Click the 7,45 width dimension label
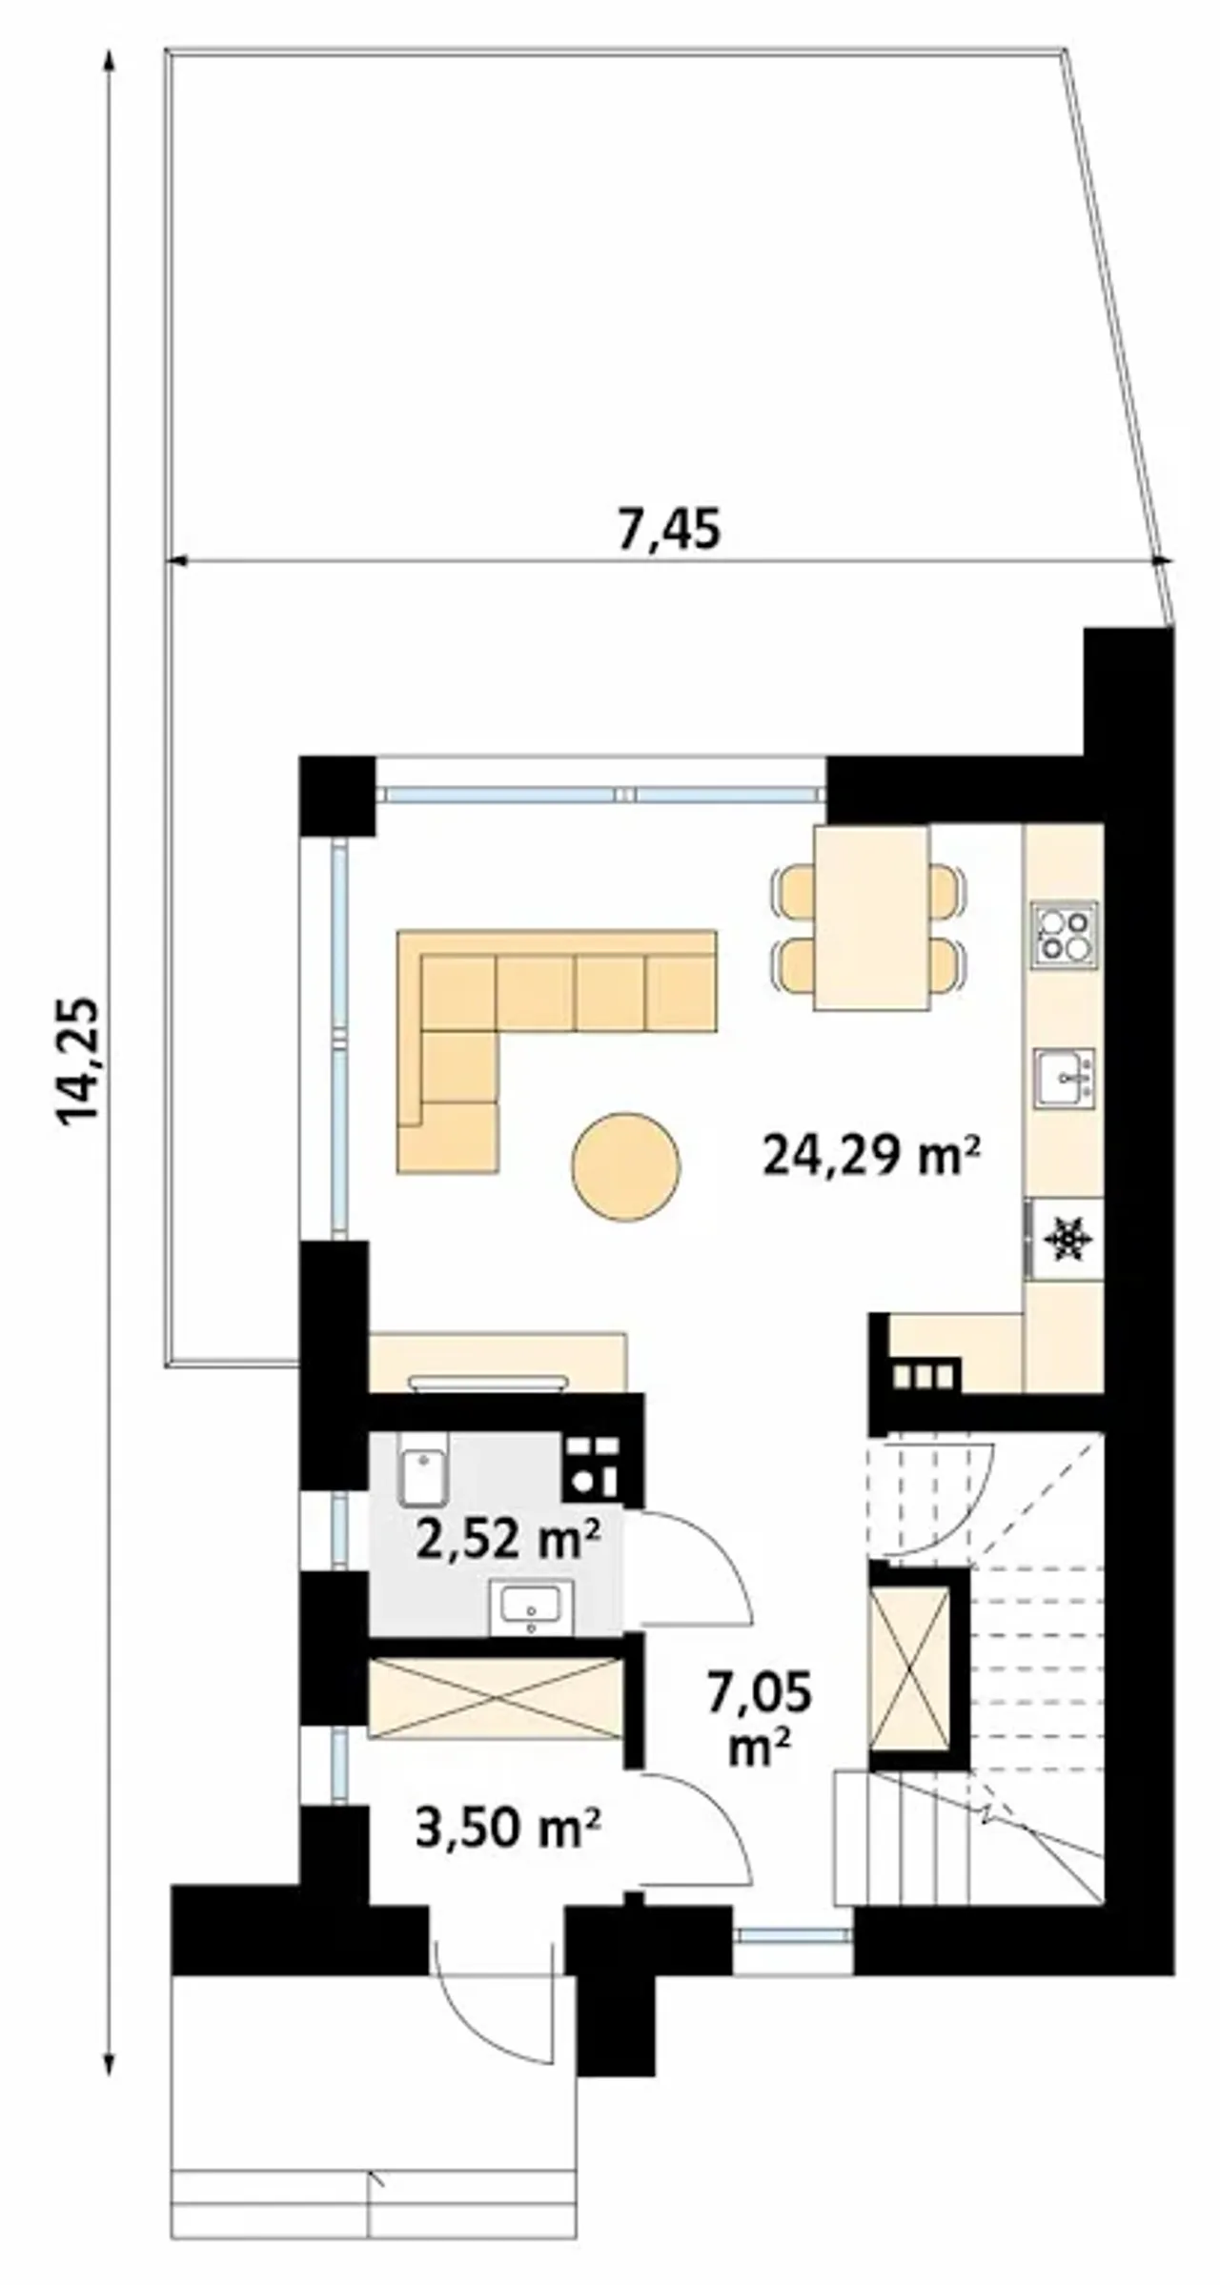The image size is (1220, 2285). (x=669, y=530)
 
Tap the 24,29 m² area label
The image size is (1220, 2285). (x=871, y=1157)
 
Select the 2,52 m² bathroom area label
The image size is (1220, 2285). (x=508, y=1539)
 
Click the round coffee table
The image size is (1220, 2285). (x=625, y=1166)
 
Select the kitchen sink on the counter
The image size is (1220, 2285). (x=1065, y=1078)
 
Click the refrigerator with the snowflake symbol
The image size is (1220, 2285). (x=1064, y=1239)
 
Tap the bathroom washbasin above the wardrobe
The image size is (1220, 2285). (x=532, y=1608)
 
